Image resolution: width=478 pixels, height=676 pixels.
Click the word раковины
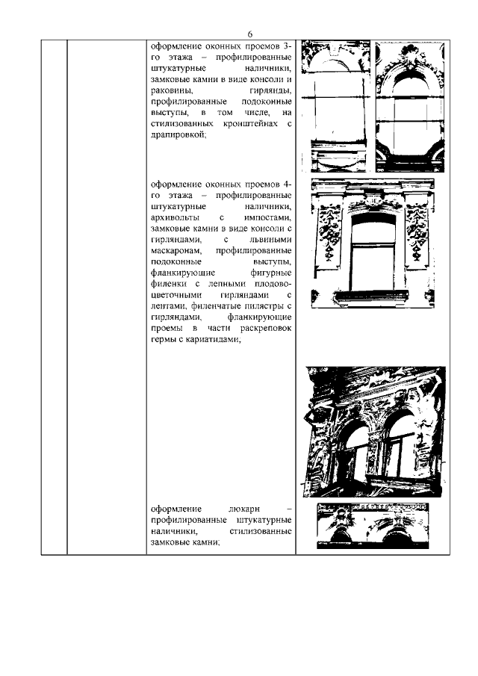[170, 90]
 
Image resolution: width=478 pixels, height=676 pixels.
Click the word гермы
[162, 340]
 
